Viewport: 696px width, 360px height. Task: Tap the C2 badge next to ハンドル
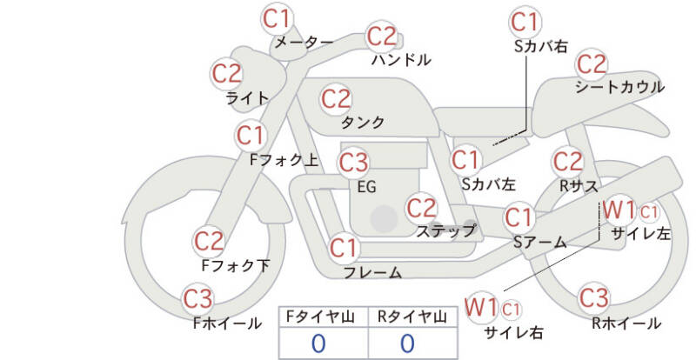coord(381,37)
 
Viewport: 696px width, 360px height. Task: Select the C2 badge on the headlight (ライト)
coord(227,73)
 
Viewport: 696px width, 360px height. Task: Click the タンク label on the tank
coord(363,123)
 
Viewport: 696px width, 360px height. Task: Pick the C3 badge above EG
coord(354,163)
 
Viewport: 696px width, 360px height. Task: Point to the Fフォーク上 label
coord(284,160)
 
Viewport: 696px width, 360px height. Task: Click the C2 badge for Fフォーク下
coord(209,242)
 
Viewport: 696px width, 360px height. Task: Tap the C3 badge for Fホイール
coord(198,300)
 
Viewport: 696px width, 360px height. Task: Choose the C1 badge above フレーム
coord(344,248)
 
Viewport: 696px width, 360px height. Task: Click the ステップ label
coord(445,230)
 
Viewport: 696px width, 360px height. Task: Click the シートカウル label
coord(619,87)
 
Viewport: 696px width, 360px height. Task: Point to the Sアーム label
coord(540,243)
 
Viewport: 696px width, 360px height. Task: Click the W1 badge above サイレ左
coord(619,210)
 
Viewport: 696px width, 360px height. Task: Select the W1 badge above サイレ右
coord(481,307)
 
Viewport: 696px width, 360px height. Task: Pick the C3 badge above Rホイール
coord(594,297)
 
